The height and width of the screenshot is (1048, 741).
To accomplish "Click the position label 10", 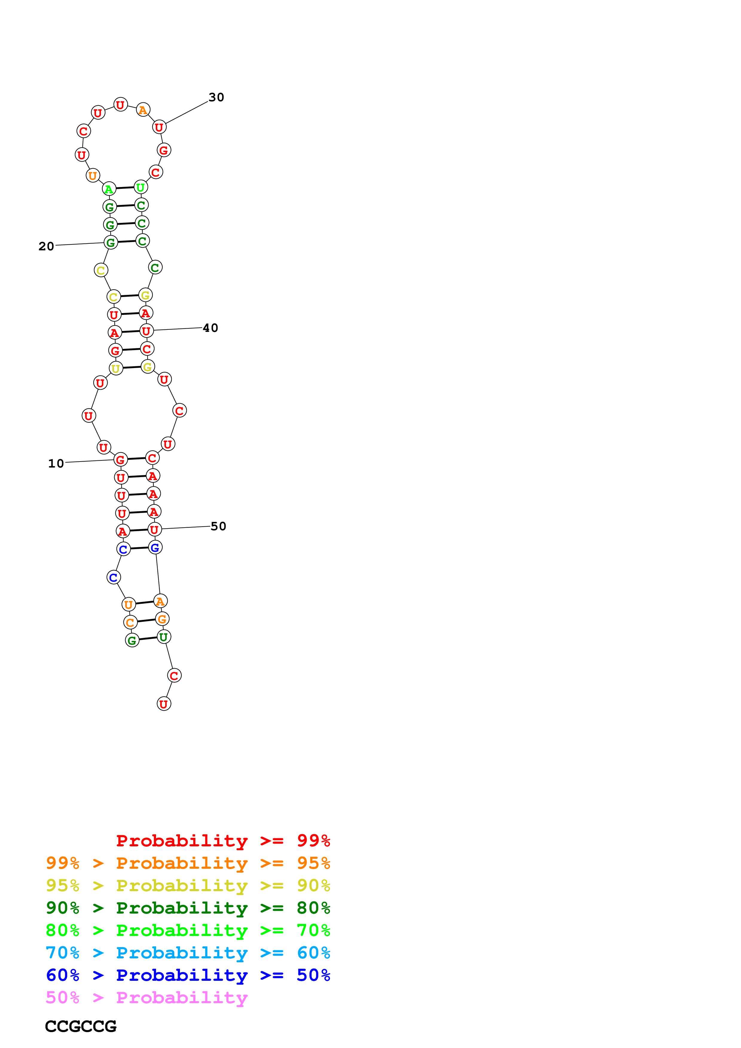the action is (56, 463).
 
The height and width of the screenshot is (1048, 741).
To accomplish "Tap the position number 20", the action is (46, 246).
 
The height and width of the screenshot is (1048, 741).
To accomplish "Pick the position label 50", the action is (218, 526).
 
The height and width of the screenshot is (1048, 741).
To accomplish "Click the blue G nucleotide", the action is (155, 547).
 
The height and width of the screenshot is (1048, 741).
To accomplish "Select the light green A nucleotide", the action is (109, 189).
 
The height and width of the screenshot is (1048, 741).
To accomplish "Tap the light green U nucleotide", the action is (140, 187).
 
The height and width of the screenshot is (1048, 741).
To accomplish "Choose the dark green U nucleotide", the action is (164, 637).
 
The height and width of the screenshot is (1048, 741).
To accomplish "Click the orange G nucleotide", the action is (162, 619).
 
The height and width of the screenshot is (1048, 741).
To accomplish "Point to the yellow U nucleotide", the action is (116, 368).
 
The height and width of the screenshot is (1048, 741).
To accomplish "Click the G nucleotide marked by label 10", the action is (120, 460).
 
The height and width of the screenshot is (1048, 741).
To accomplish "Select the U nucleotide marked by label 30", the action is (159, 127).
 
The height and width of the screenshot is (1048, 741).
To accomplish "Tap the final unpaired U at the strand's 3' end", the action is (164, 704).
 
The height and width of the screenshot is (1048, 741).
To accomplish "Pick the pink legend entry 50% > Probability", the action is (146, 997).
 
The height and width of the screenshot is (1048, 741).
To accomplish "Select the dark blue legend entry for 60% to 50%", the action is (188, 975).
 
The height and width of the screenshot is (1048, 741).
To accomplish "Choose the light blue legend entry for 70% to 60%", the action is (188, 953).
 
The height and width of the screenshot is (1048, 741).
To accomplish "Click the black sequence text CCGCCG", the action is (81, 1026).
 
